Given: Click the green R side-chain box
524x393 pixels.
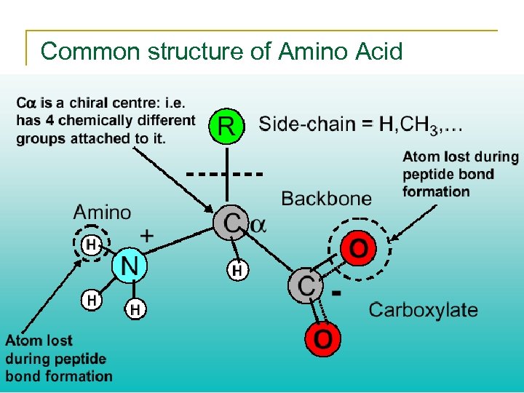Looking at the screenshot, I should tap(226, 128).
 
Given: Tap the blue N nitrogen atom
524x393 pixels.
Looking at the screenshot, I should tap(129, 265).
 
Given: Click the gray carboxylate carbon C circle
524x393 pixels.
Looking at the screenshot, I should tap(306, 285).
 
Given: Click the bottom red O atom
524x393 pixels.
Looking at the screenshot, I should tap(324, 339).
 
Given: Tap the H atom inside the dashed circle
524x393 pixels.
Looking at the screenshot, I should tap(91, 245).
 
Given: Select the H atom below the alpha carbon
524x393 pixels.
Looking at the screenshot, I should tap(237, 271).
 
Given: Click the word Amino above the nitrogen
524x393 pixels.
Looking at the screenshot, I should tap(103, 213).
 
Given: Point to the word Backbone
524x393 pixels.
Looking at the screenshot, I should tap(326, 198).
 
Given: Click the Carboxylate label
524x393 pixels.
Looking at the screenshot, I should tap(423, 309).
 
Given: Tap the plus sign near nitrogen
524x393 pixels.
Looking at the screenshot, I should tap(146, 235).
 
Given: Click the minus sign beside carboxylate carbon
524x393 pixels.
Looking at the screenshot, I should tap(337, 293).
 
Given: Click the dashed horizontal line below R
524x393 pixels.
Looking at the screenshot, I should tap(224, 175).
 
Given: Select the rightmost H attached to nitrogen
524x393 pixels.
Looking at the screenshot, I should tap(135, 311).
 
